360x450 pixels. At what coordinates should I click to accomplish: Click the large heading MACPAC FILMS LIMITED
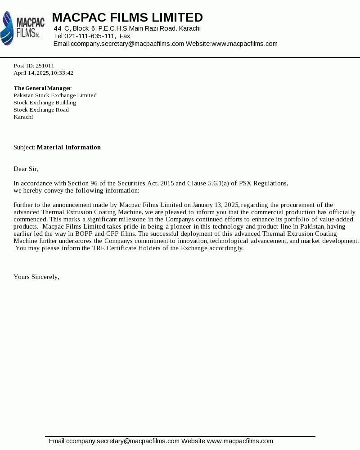click(127, 18)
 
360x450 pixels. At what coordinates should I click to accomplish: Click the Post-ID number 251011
click(45, 66)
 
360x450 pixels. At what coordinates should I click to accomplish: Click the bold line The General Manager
click(42, 88)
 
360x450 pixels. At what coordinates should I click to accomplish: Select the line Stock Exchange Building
click(45, 103)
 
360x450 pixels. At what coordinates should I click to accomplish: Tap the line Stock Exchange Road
click(41, 110)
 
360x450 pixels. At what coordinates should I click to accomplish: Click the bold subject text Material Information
click(68, 147)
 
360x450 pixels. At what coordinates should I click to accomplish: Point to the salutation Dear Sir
click(26, 169)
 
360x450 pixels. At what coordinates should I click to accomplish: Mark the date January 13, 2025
click(215, 205)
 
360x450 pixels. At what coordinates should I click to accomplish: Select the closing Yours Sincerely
click(36, 277)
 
